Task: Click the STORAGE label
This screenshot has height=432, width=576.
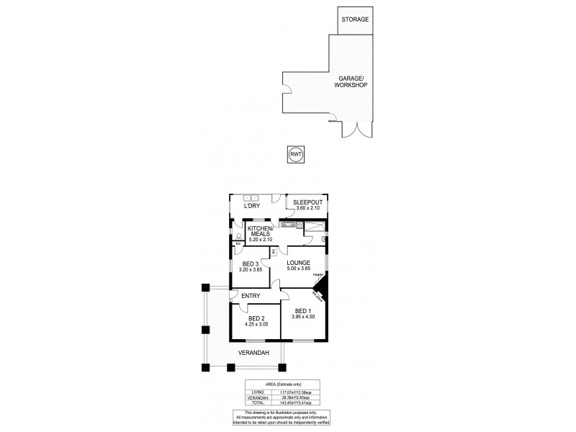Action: click(x=355, y=19)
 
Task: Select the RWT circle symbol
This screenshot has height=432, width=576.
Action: click(x=295, y=154)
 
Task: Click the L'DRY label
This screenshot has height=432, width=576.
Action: click(x=252, y=206)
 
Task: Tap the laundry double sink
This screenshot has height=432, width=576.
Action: click(x=251, y=197)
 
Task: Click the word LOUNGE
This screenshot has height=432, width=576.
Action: click(x=298, y=263)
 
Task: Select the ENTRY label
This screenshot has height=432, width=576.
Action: click(x=251, y=296)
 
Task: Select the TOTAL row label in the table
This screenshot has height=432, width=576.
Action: click(x=258, y=402)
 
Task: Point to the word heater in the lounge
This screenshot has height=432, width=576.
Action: click(x=318, y=274)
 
